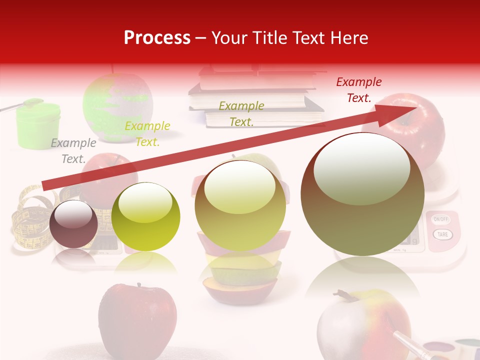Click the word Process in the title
[x=157, y=38]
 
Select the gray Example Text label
[x=73, y=151]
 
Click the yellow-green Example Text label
[x=147, y=134]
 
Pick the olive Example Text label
[x=241, y=113]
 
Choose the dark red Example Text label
[x=358, y=90]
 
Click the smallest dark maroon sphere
[x=73, y=224]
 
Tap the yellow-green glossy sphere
[x=145, y=217]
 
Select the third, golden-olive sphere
[x=240, y=205]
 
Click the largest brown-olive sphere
[x=362, y=194]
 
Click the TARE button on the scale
[x=442, y=234]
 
